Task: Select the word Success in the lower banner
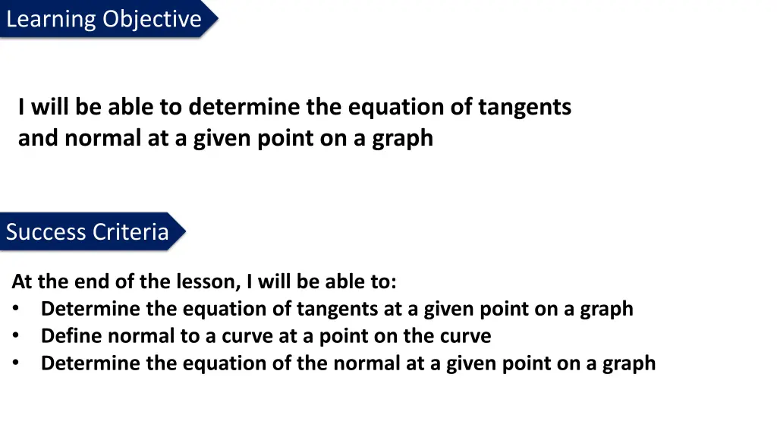point(45,231)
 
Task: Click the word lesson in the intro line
point(205,282)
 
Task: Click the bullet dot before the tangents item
point(16,309)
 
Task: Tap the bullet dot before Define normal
point(16,335)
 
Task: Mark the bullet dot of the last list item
point(16,363)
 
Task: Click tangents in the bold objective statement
point(524,108)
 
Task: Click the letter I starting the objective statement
point(22,108)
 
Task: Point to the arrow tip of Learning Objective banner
point(216,18)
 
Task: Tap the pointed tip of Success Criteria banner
point(184,231)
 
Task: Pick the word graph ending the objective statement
point(402,139)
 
